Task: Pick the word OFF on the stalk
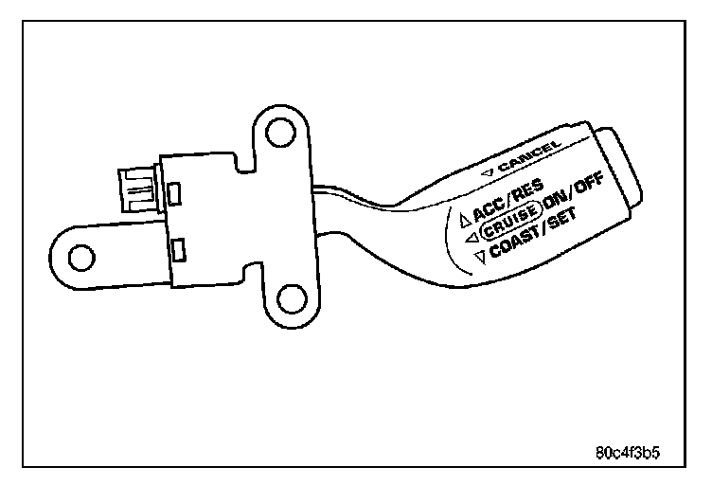point(588,186)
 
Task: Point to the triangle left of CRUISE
point(471,238)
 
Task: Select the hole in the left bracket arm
point(81,254)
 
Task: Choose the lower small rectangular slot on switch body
point(181,251)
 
